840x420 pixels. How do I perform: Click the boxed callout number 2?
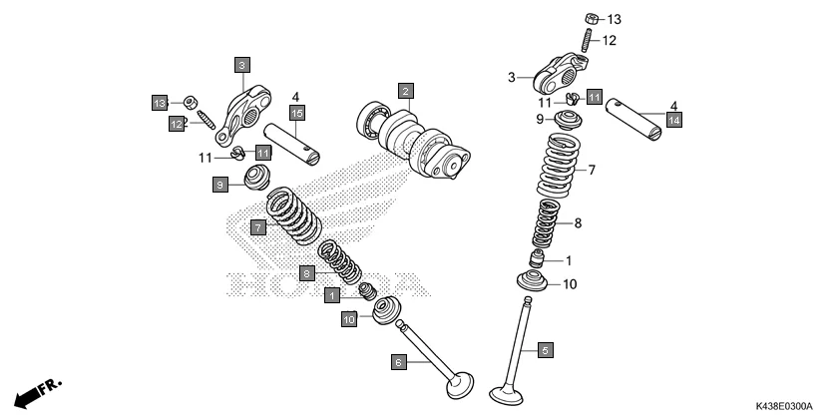[x=405, y=91]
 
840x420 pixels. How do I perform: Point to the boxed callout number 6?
[x=398, y=363]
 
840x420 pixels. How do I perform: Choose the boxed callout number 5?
[x=546, y=350]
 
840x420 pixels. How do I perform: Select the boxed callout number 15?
[x=296, y=111]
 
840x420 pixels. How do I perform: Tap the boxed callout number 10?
[x=349, y=319]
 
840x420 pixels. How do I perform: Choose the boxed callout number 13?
[x=159, y=103]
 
